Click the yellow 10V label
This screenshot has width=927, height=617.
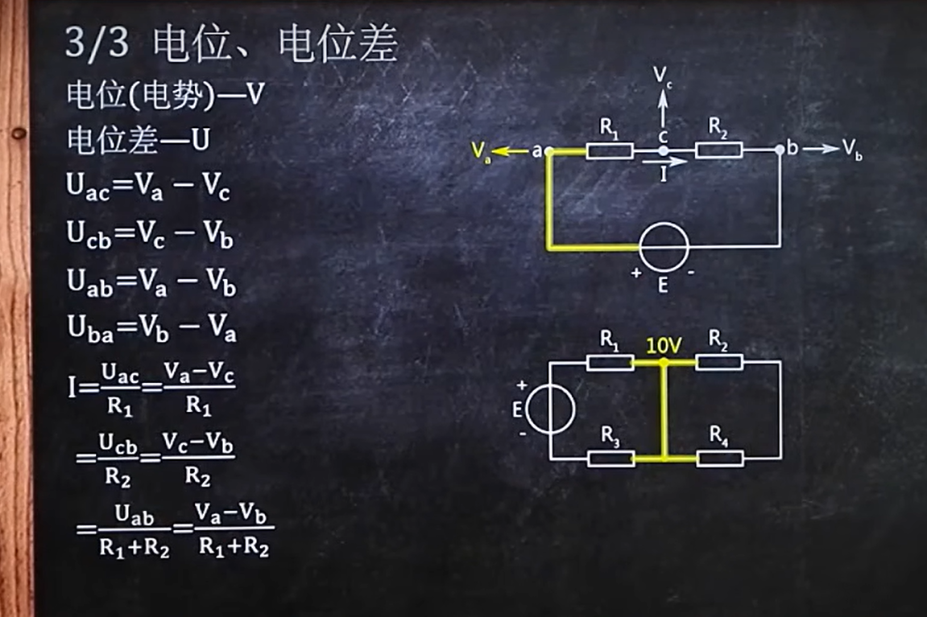(664, 346)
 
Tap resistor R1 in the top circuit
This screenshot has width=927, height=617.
(609, 150)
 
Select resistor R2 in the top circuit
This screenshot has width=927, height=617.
(718, 150)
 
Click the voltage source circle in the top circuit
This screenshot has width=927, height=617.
(664, 246)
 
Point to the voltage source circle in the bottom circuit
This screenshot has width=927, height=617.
(550, 409)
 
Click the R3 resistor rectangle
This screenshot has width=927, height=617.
(610, 459)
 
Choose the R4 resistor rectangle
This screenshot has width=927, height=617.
(719, 459)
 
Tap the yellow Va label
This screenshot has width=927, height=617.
(481, 151)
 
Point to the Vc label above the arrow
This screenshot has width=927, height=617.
(663, 76)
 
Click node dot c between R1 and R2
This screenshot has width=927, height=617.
(664, 150)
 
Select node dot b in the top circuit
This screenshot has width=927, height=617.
(780, 150)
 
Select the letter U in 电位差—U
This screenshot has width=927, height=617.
(200, 140)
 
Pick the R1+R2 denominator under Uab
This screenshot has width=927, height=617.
(134, 551)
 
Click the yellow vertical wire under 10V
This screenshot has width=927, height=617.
(664, 409)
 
